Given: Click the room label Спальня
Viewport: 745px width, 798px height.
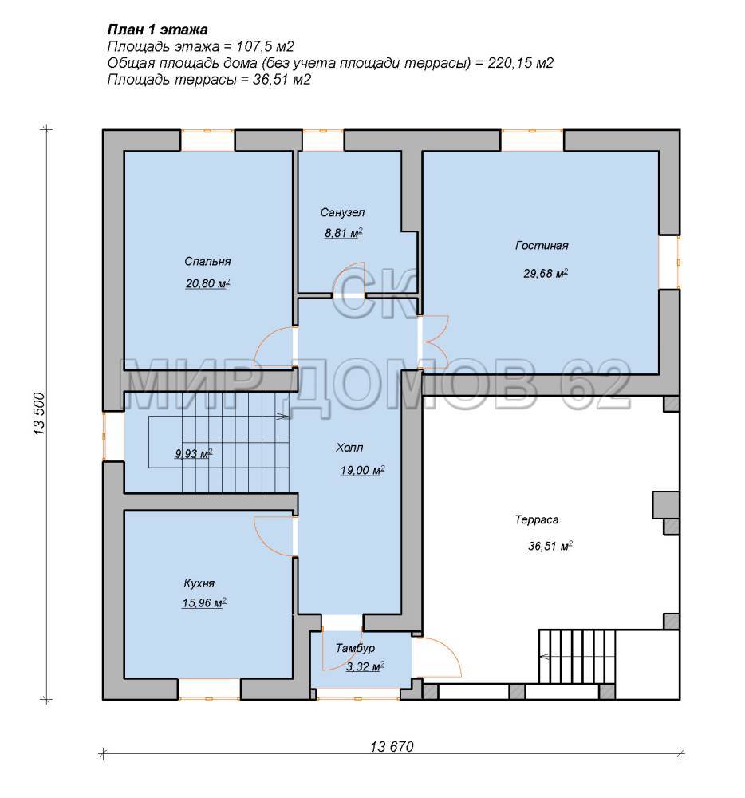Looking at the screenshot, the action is click(x=207, y=261).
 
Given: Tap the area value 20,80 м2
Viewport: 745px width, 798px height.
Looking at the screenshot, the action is click(x=207, y=283).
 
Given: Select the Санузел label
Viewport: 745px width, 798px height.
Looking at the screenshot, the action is click(x=342, y=212).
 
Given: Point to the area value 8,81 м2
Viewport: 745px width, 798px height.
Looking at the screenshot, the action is click(x=343, y=233).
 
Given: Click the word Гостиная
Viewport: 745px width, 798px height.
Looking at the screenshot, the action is click(x=542, y=245).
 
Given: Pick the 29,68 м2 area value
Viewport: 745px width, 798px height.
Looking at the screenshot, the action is click(x=546, y=273).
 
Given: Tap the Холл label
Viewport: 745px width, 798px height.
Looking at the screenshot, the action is click(x=349, y=448).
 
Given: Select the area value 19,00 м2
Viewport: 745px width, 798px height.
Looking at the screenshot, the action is click(x=363, y=470).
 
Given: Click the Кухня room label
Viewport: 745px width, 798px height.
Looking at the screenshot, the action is click(x=199, y=583).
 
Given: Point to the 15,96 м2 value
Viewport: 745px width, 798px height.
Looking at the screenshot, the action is click(x=204, y=603).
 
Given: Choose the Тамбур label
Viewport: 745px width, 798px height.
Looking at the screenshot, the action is click(x=356, y=648).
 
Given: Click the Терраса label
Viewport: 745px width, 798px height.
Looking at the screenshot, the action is click(x=537, y=519).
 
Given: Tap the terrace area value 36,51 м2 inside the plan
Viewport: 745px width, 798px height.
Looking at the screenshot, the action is click(x=550, y=547).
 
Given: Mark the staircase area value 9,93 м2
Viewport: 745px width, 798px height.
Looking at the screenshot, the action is click(x=194, y=453).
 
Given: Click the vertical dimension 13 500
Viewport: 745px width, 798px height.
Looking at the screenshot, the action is click(x=40, y=413).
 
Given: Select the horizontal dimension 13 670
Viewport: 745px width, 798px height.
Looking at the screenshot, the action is click(x=392, y=747).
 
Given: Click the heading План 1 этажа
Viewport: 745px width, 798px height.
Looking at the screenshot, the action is click(x=157, y=30).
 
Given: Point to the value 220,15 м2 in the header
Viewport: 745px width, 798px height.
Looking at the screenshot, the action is click(x=520, y=62).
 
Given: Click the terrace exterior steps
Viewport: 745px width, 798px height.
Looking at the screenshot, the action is click(x=577, y=657).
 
